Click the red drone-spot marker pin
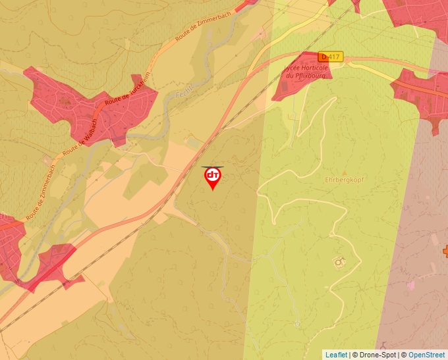click(x=213, y=178)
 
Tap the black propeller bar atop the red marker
click(x=212, y=167)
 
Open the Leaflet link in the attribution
click(x=336, y=355)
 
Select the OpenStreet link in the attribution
click(x=427, y=355)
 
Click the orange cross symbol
click(x=445, y=251)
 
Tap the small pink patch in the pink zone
click(x=412, y=285)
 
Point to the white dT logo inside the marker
click(x=213, y=176)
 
